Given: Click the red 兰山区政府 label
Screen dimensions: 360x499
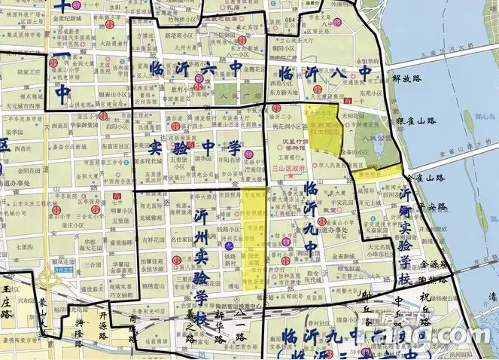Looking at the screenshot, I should pos(291,169).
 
